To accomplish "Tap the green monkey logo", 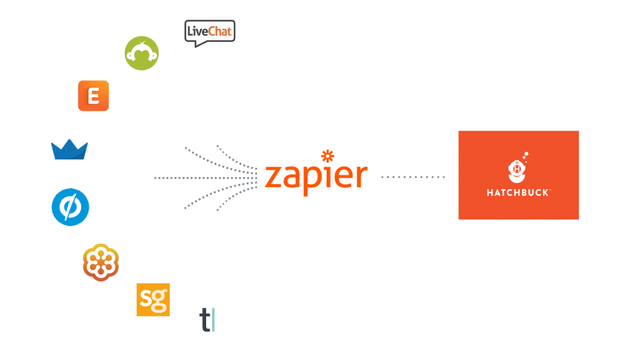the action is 142,54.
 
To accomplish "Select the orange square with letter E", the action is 94,95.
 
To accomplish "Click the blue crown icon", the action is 70,150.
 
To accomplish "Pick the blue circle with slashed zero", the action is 70,207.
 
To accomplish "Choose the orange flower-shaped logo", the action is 101,262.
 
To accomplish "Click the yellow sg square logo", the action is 153,300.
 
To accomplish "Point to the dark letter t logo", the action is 205,320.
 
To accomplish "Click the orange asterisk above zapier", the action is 328,156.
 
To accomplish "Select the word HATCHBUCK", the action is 517,193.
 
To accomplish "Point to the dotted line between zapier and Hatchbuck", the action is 413,177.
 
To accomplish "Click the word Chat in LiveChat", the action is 220,31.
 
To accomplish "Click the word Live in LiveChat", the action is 198,31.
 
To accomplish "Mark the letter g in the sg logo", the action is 160,301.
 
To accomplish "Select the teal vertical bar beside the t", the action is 213,320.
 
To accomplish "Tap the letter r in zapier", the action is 362,176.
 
